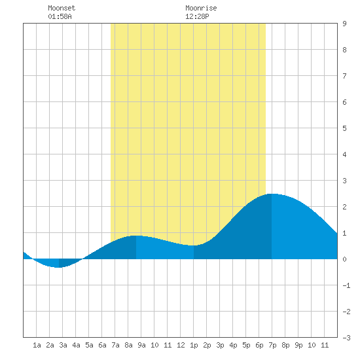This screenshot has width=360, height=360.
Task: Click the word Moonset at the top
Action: tap(62, 8)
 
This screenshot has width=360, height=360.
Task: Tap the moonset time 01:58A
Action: tap(60, 16)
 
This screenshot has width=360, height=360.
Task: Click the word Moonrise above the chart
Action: tap(201, 8)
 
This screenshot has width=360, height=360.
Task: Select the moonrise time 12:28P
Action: tap(197, 16)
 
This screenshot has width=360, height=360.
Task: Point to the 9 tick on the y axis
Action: tap(344, 24)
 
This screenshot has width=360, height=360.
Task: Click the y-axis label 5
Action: tap(344, 128)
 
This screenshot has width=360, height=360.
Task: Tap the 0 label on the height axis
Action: tap(344, 259)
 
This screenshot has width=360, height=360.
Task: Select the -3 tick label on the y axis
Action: tap(346, 338)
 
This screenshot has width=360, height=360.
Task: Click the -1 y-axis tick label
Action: tap(346, 285)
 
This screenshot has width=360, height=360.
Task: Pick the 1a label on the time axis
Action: tap(37, 345)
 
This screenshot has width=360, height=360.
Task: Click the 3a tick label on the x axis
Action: tap(63, 345)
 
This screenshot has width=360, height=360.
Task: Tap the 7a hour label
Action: tap(115, 345)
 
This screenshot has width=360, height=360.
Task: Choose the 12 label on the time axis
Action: tap(181, 345)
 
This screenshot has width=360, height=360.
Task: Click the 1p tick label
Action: tap(194, 345)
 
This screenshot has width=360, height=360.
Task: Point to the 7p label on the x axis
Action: tap(272, 345)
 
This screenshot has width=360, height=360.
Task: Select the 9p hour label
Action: tap(298, 345)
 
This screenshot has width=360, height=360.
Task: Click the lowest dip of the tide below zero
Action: tap(59, 267)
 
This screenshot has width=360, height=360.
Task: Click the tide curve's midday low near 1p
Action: tap(194, 245)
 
